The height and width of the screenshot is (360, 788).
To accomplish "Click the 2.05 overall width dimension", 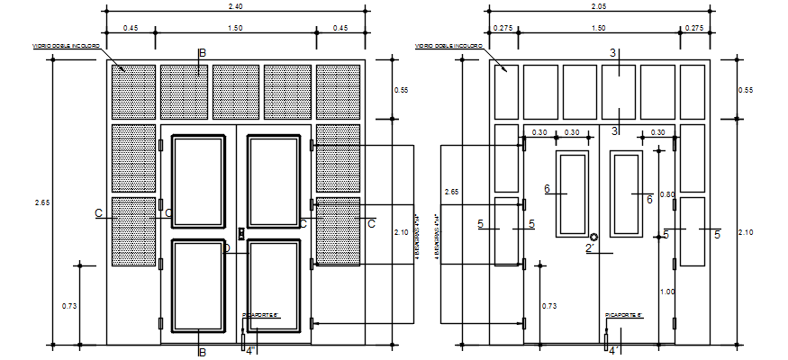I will tap(599, 6).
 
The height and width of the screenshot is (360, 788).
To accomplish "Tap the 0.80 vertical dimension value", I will tap(666, 194).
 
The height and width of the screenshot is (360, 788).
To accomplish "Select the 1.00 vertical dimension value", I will tap(666, 292).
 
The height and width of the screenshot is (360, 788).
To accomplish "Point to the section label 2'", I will tap(591, 248).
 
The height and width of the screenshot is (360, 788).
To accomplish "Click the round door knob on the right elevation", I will tap(593, 237).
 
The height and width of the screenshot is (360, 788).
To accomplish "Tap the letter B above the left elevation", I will tap(202, 54).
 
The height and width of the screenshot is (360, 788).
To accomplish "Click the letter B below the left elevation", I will tap(202, 352).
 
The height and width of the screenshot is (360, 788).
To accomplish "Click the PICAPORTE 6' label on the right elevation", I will tap(622, 315).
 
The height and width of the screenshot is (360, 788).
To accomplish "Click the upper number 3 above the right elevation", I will tap(612, 53).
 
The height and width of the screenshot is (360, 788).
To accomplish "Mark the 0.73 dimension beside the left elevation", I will tap(69, 307).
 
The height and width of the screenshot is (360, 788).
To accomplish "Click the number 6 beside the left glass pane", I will tap(547, 188).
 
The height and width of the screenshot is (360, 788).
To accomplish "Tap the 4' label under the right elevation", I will tap(613, 351).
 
